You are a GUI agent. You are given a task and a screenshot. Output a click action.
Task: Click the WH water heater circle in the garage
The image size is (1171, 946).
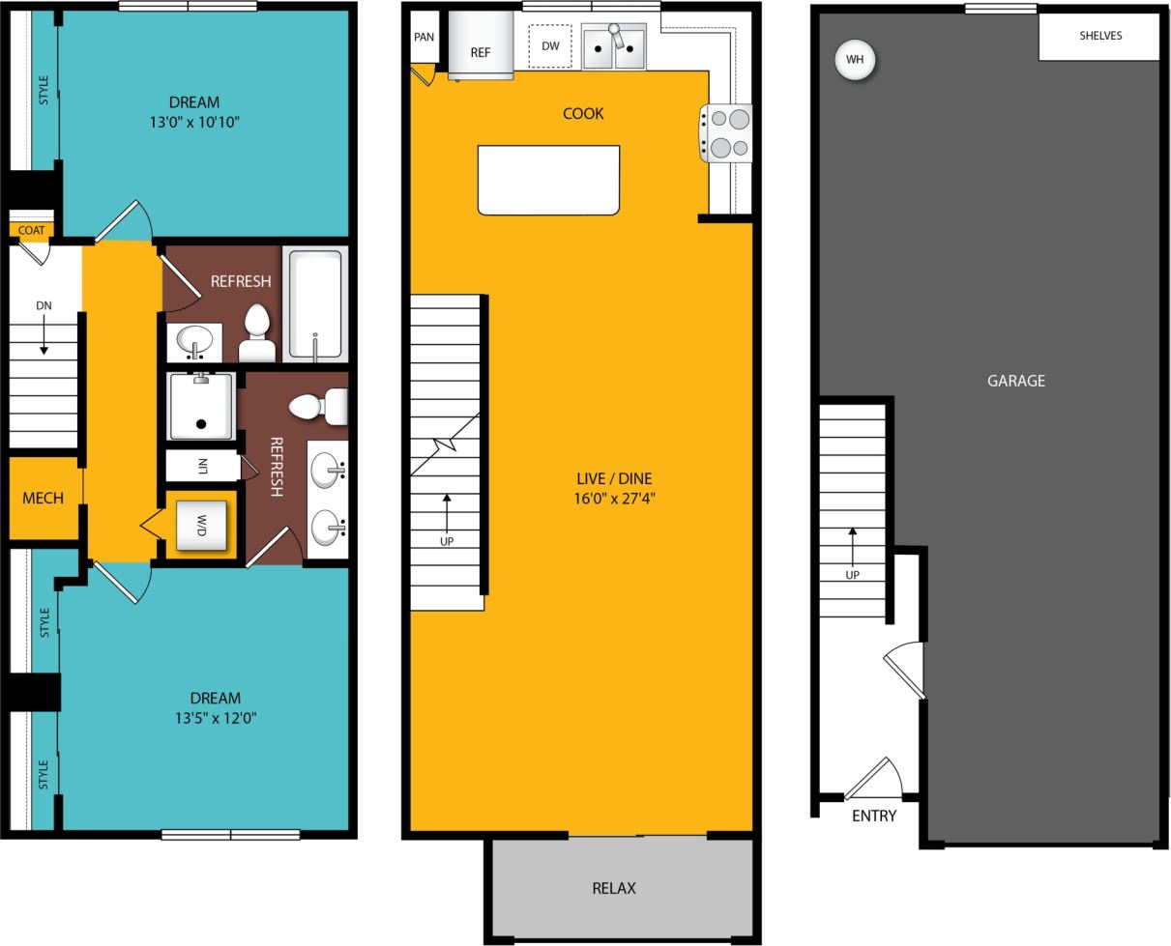point(855,60)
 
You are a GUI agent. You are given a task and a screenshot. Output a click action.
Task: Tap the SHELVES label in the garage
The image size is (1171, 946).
point(1100,36)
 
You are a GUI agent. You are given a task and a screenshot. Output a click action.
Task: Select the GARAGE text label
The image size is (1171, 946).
point(1015,381)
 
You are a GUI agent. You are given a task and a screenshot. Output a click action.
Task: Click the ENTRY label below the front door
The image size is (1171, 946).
point(873,816)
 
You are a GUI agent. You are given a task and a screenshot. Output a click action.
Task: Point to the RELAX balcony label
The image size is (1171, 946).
point(613,888)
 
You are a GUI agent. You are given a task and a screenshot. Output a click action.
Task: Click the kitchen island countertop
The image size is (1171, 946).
point(548,180)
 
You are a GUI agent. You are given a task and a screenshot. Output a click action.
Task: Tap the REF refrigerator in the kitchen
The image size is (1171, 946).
point(481,48)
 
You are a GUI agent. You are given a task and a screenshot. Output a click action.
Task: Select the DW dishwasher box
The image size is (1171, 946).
point(550,46)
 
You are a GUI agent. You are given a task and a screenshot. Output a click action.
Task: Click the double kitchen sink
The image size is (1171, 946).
point(613,47)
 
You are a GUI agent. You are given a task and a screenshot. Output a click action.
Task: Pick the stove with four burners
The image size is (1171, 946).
point(726,133)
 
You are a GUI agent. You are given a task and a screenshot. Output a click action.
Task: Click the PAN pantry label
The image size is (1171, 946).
point(424,38)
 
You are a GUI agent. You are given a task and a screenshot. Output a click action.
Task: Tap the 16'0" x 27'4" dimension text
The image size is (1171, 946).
point(614,499)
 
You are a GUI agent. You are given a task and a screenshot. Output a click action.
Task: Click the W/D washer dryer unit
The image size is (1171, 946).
point(201,526)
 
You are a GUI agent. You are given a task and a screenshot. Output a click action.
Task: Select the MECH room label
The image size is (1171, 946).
point(43,498)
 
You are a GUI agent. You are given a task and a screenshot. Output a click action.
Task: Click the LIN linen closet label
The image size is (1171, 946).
point(202,466)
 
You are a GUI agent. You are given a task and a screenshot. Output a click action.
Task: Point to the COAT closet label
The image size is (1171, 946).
point(31,230)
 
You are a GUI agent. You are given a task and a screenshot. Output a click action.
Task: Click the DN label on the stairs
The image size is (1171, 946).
point(44,305)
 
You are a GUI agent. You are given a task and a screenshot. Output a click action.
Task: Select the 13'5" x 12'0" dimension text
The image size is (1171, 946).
point(215,718)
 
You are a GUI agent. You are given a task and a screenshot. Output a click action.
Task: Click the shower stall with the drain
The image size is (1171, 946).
point(201,406)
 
